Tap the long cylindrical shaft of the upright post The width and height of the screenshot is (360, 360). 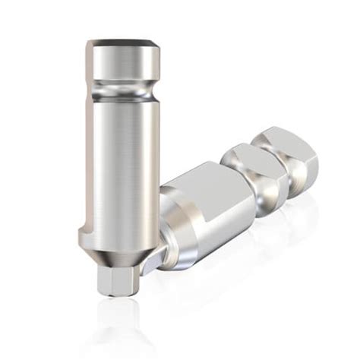pyautogui.click(x=122, y=167)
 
